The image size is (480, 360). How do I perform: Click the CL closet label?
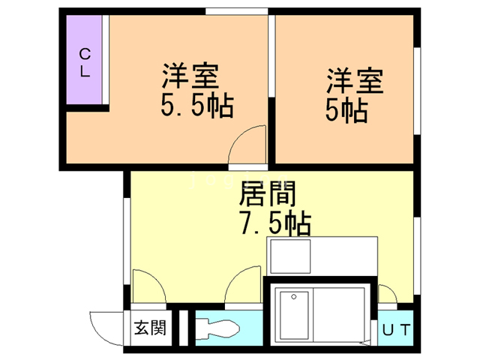pos(85,63)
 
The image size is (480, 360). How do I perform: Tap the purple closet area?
pos(84,59)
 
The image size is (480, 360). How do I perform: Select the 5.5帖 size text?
pos(197,106)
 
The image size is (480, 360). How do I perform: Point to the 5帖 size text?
pos(346,110)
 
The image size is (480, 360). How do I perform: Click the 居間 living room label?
pos(267,193)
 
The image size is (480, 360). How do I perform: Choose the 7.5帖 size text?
pos(275,223)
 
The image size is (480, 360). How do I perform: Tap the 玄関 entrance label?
pos(150,328)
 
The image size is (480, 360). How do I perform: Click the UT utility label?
pos(396,330)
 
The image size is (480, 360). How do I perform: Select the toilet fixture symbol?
pos(217,328)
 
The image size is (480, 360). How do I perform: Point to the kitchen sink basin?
pos(290,256)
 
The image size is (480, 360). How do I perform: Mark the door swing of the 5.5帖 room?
pos(247,144)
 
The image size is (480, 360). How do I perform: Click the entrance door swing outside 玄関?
pos(106,328)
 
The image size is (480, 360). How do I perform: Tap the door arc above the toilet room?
pos(243,284)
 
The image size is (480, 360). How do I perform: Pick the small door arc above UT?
pos(388,294)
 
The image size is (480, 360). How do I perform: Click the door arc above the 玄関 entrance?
pos(149,286)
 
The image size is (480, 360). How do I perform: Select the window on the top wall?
pos(237,11)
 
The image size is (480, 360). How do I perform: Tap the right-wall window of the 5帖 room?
pos(417,91)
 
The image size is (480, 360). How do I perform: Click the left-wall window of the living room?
pos(127,241)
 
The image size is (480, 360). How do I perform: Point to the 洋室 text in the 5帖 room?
pos(355,80)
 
